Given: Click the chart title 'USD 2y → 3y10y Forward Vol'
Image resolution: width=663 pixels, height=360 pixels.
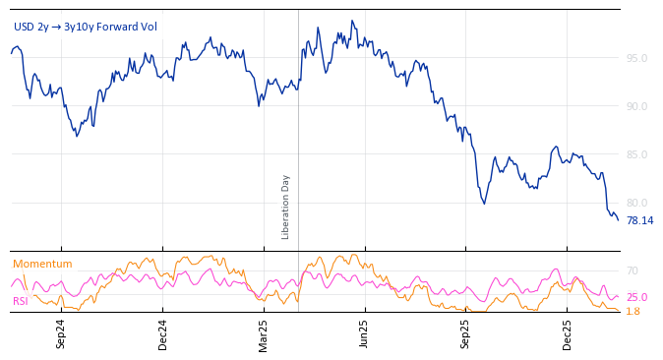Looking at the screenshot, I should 86,28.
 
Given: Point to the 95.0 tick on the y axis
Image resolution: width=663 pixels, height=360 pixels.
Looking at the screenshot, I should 636,58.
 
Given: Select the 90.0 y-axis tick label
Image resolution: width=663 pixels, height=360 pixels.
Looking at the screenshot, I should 636,106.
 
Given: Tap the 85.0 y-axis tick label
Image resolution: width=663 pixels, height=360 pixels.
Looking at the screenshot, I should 636,154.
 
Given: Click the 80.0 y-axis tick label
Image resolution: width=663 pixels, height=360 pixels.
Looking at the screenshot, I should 636,203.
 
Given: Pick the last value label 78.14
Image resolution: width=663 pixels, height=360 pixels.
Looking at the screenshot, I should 639,220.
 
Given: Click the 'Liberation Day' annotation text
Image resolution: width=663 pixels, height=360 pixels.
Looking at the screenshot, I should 286,207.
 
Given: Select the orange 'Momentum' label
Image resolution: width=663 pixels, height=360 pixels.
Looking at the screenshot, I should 42,264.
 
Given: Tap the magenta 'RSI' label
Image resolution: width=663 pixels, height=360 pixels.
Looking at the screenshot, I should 20,301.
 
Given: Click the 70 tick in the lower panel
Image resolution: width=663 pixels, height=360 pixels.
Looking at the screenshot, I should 633,270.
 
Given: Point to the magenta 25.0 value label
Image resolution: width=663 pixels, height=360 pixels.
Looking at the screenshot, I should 636,297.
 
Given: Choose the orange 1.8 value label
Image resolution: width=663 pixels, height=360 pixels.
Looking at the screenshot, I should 633,311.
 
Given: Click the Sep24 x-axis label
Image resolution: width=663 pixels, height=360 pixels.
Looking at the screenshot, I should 61,333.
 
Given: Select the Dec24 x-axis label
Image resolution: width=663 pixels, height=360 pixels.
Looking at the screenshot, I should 162,333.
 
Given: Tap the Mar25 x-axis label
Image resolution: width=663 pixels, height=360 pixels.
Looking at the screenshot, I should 263,333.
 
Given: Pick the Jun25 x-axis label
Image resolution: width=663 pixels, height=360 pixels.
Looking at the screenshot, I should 364,333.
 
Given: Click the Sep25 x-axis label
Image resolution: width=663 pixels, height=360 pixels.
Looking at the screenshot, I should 465,333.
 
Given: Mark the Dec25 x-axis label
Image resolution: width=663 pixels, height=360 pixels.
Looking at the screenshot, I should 567,333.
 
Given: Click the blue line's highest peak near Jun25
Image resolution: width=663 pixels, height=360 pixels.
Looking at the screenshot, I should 352,21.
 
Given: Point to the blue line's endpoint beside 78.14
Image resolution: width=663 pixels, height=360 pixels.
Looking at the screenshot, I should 618,219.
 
